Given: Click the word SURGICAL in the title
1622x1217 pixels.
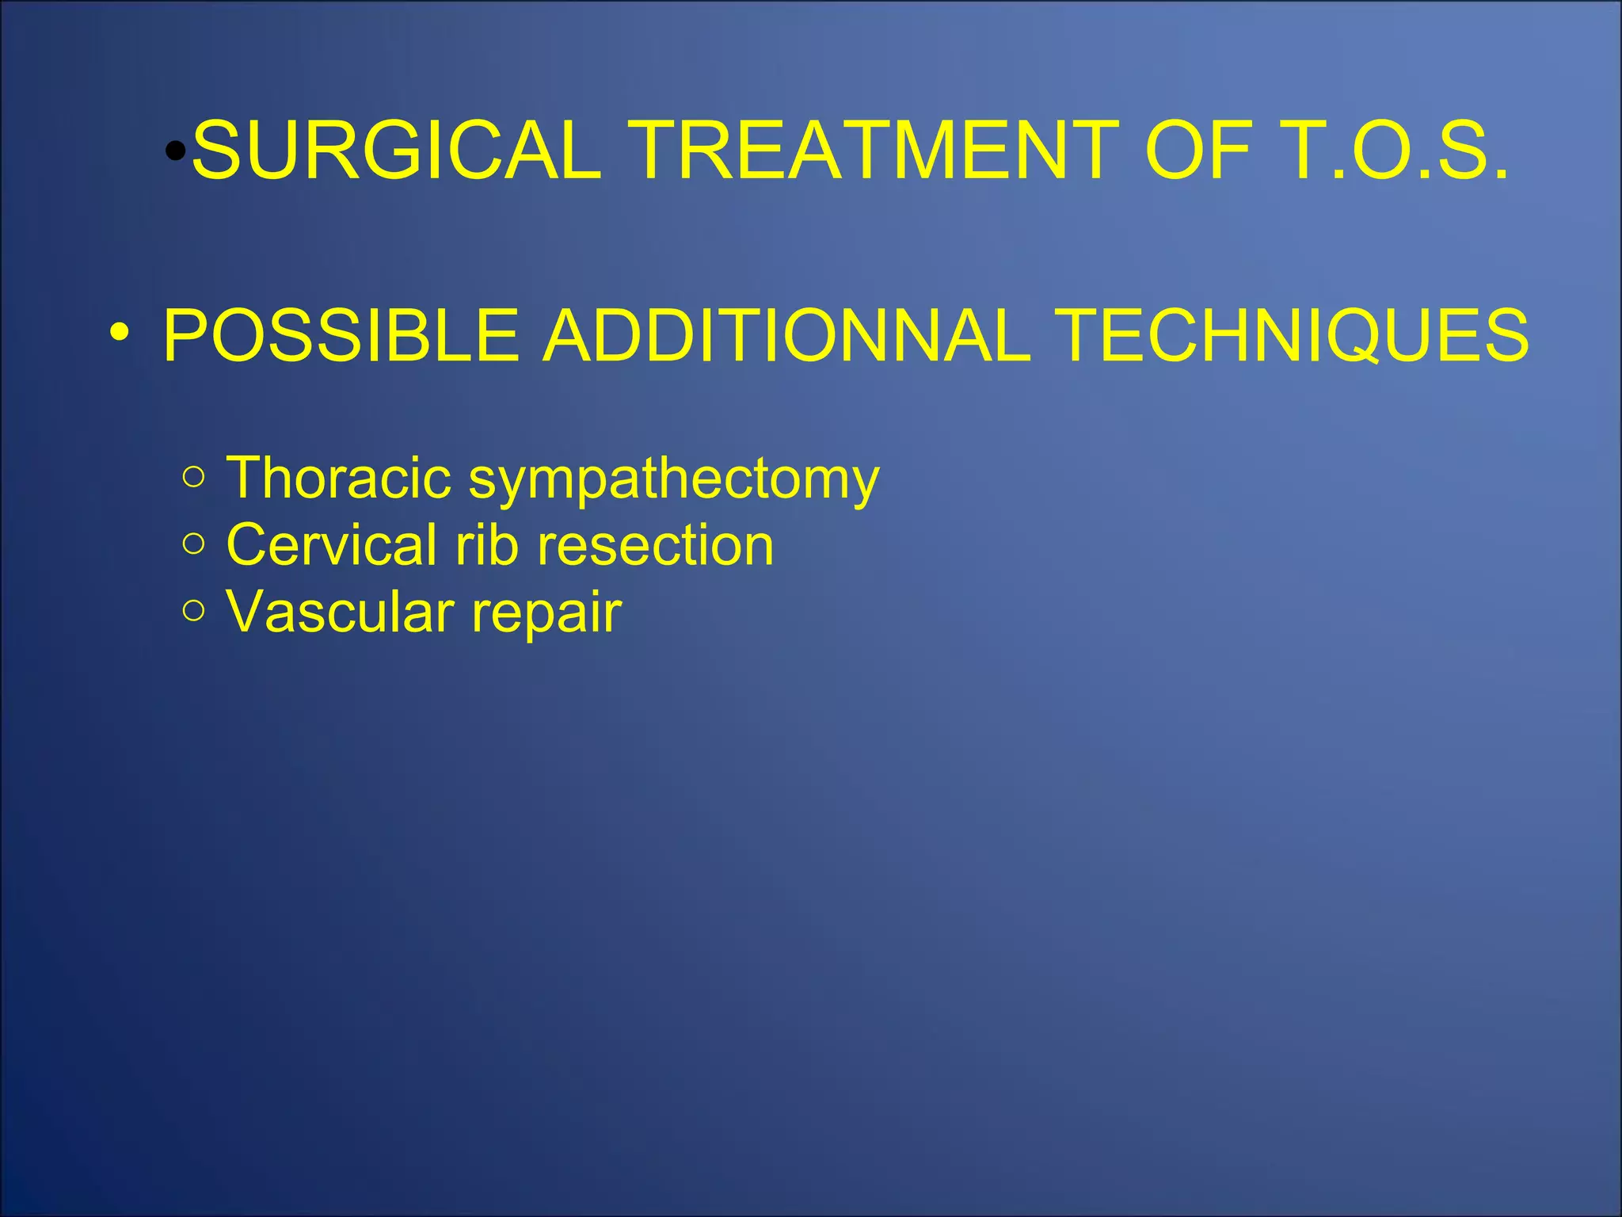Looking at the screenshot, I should pos(396,151).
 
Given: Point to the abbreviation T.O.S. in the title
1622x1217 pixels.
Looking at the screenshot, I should pos(1394,151).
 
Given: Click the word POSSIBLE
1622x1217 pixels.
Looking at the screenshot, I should pos(341,335).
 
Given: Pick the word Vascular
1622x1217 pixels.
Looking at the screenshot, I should pos(341,612).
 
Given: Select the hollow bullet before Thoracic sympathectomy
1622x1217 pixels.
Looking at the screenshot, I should pos(193,477).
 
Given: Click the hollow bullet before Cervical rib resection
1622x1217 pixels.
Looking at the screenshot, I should pos(193,544).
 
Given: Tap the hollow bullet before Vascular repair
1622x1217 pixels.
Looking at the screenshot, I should pos(193,610).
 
